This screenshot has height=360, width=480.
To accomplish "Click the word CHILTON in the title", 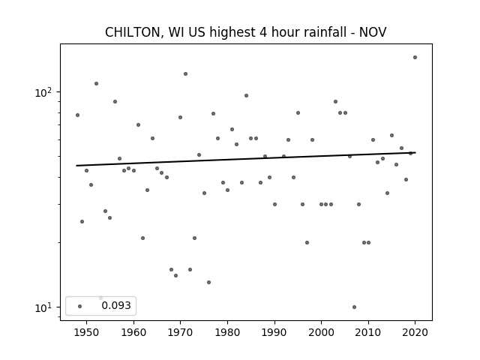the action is click(x=133, y=32).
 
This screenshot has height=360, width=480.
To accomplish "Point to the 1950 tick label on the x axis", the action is click(x=86, y=332).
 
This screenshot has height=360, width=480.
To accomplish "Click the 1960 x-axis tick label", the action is click(x=133, y=332).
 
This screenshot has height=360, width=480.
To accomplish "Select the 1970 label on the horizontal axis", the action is click(x=180, y=332).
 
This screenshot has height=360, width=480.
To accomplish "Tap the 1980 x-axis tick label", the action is click(x=227, y=332).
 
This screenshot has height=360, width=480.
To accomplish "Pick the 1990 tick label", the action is click(x=274, y=332).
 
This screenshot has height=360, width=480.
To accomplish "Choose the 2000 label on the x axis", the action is click(x=322, y=332).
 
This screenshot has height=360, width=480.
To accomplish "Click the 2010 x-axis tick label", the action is click(x=368, y=332).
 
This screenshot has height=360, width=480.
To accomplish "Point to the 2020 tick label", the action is click(x=415, y=332).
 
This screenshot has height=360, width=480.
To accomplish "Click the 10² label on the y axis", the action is click(x=43, y=92).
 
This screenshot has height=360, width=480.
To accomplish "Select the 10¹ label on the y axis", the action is click(x=43, y=307).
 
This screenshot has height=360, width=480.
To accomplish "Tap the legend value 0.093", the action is click(x=116, y=305).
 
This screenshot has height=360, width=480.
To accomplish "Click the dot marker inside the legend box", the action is click(x=80, y=306).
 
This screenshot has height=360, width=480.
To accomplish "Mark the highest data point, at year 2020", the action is click(x=415, y=57).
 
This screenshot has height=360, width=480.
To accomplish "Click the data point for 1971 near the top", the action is click(x=185, y=73).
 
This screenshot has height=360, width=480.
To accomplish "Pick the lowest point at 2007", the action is click(x=354, y=307).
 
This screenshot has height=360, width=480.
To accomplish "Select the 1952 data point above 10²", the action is click(x=97, y=83).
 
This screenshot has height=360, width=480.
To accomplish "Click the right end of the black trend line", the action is click(x=415, y=152).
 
